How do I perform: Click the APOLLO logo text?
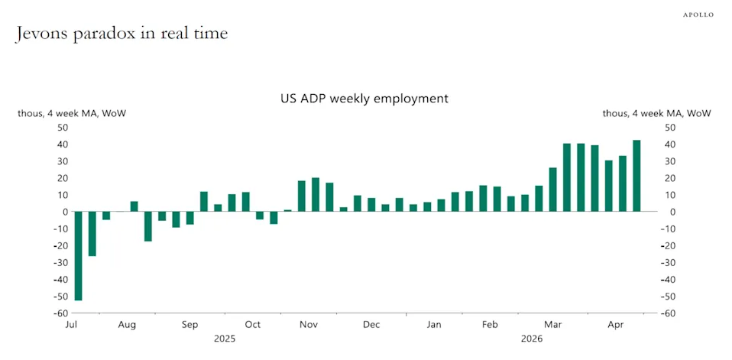(x=698, y=15)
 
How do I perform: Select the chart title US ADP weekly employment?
(x=364, y=99)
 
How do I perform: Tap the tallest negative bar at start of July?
(x=79, y=256)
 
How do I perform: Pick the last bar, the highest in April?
(x=636, y=176)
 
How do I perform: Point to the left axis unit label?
(x=72, y=113)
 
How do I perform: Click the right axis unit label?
(x=657, y=113)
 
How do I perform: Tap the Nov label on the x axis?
(x=309, y=325)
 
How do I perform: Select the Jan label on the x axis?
(x=434, y=325)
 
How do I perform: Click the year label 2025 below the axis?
(x=225, y=339)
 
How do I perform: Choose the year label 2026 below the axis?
(x=533, y=339)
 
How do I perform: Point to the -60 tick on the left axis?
(x=62, y=313)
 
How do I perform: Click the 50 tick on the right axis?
(x=669, y=128)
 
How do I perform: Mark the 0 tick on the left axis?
(x=66, y=212)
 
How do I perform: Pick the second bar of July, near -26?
(x=92, y=233)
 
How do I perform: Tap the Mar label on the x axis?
(x=553, y=325)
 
